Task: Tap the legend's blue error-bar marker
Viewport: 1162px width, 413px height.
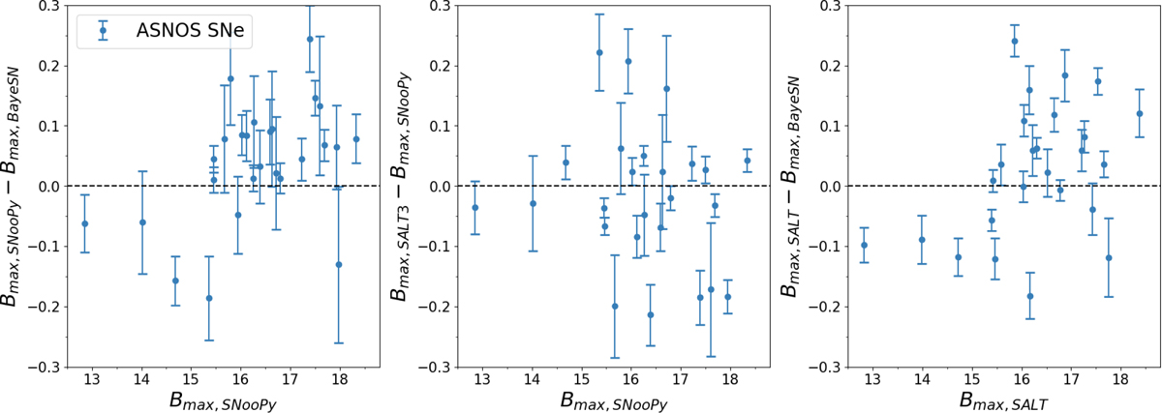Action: [103, 31]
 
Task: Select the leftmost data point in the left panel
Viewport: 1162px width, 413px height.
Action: [85, 223]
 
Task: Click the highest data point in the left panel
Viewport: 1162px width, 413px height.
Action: [310, 39]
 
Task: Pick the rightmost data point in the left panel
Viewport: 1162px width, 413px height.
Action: [356, 138]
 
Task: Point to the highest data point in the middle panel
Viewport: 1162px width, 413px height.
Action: [599, 52]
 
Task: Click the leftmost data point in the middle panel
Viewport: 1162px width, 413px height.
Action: [475, 207]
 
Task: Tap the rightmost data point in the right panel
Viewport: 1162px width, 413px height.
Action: [1140, 113]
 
